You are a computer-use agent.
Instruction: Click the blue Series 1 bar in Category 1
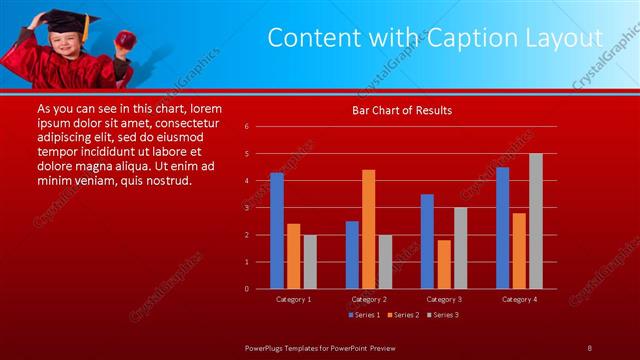[x=277, y=231]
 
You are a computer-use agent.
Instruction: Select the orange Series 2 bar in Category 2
[x=368, y=229]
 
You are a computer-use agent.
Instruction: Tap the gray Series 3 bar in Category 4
[x=535, y=221]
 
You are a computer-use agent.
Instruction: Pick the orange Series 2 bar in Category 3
[x=443, y=264]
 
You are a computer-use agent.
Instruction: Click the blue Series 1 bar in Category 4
[x=502, y=228]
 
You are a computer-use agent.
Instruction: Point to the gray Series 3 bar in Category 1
[x=310, y=262]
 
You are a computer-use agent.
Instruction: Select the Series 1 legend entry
[x=363, y=315]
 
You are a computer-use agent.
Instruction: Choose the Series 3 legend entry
[x=444, y=315]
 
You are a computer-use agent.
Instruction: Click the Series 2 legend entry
[x=403, y=315]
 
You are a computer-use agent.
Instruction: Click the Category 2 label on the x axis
[x=368, y=299]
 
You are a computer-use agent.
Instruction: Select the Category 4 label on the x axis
[x=518, y=299]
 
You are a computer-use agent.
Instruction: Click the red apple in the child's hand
[x=126, y=38]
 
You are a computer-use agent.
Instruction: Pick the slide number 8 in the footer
[x=589, y=347]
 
